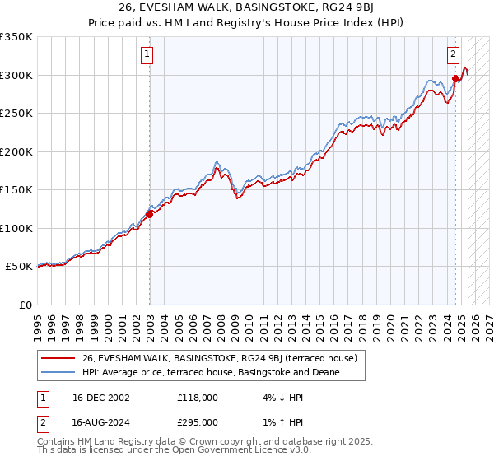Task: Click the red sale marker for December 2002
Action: click(x=149, y=215)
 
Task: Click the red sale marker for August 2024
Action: click(x=454, y=80)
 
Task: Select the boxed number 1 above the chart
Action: click(x=147, y=55)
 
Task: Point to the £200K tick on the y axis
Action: click(x=16, y=151)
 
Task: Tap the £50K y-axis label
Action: click(x=20, y=267)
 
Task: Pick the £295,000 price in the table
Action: click(x=198, y=422)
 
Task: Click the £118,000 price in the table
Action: click(x=198, y=398)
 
